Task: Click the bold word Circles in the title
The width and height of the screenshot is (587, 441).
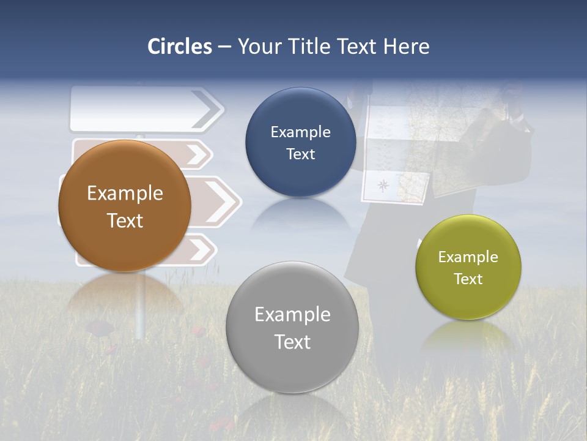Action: [180, 47]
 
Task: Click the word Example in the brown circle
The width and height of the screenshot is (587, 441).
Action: [125, 194]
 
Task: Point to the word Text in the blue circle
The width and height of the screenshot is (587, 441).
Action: [300, 154]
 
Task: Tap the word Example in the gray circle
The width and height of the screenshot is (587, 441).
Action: [292, 315]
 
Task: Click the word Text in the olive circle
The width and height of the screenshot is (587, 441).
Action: [468, 279]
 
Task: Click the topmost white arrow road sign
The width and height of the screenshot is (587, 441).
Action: [141, 109]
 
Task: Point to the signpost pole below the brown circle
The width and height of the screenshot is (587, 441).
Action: [141, 306]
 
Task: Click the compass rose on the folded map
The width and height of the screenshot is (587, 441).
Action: [383, 184]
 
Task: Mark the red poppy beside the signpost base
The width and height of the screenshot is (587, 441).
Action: [102, 329]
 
